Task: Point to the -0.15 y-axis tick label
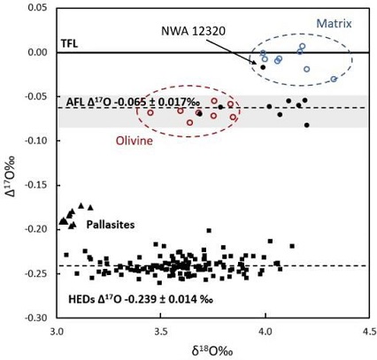(34, 185)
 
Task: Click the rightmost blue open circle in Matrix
(334, 79)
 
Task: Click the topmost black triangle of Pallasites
(81, 205)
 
